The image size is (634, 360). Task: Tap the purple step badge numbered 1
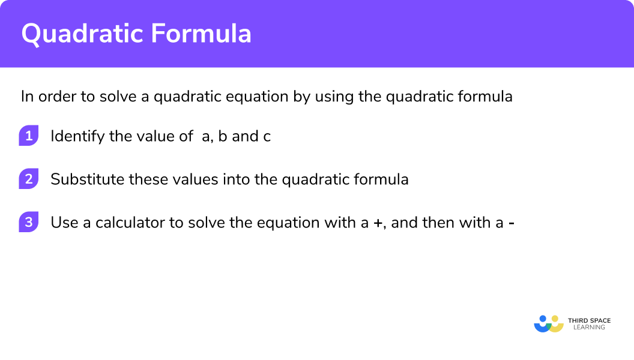click(28, 136)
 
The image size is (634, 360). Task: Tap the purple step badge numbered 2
click(28, 179)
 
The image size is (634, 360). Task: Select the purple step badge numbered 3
click(28, 222)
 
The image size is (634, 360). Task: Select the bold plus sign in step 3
click(378, 223)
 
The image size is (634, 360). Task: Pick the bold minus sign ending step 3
click(511, 223)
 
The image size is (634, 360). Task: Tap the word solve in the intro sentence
click(119, 97)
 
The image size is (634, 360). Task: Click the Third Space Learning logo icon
click(549, 323)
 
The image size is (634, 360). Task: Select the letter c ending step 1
click(267, 137)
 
